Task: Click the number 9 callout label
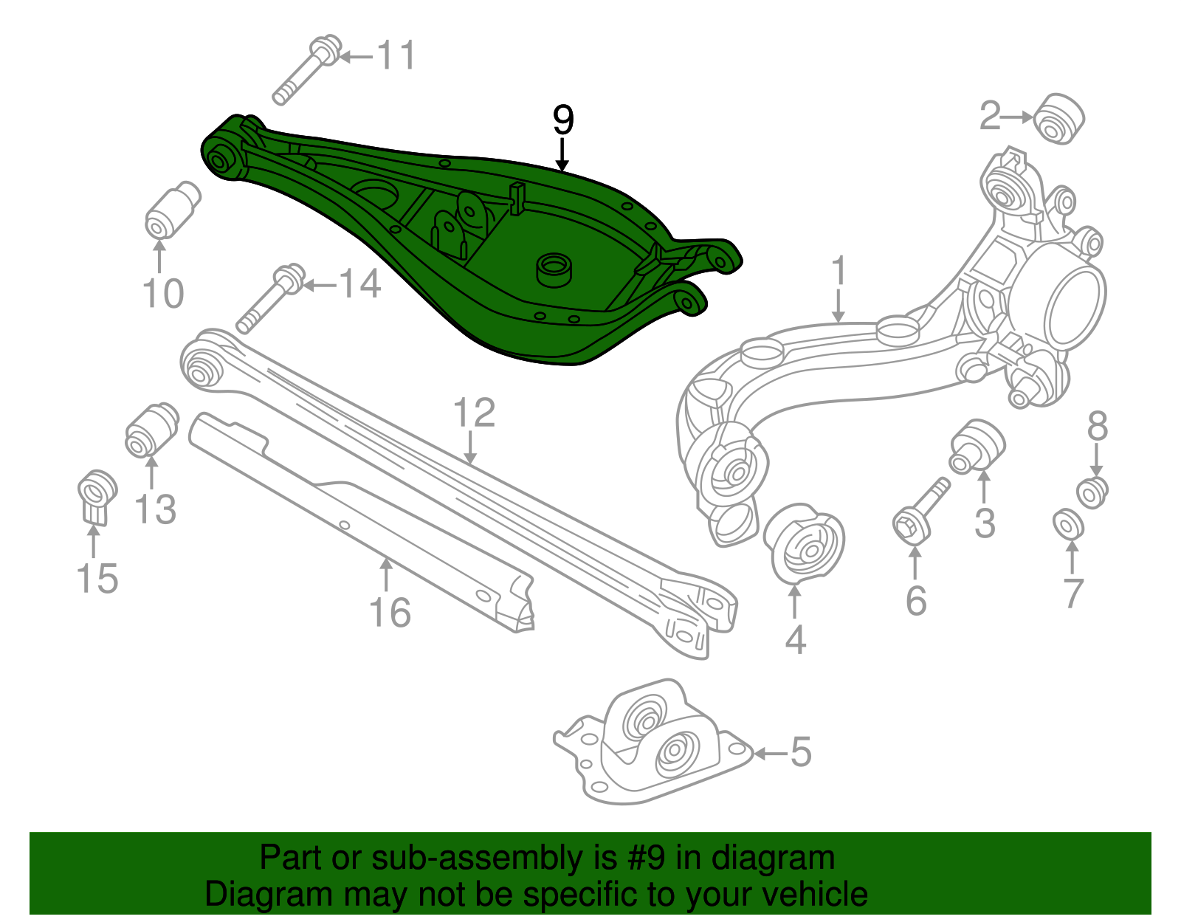562,120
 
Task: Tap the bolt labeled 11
306,69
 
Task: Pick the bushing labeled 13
151,430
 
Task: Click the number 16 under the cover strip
390,613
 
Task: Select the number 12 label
473,413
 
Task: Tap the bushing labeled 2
1059,118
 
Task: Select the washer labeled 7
1068,524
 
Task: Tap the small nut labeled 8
1092,492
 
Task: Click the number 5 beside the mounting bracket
801,752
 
